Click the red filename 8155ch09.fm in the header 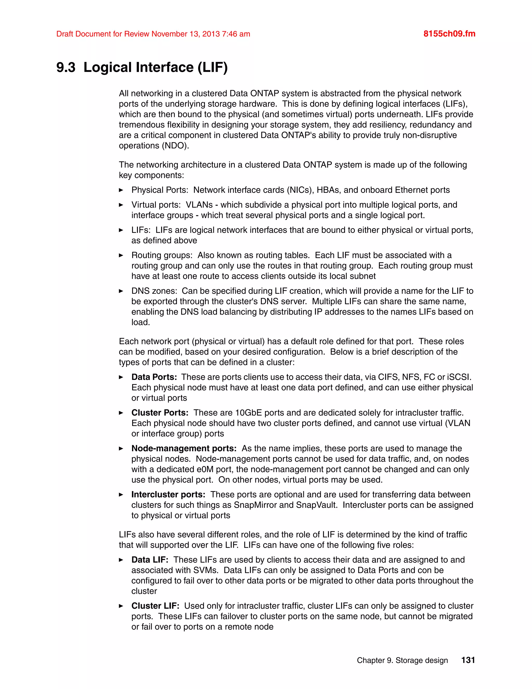(x=449, y=34)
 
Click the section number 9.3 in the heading (x=66, y=68)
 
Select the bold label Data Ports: (x=154, y=377)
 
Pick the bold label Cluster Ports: (x=160, y=413)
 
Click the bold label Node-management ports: (x=184, y=448)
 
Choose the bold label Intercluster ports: (x=168, y=494)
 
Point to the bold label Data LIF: (x=150, y=560)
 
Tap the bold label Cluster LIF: (x=155, y=606)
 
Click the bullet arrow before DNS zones (x=121, y=291)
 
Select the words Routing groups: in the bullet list (x=162, y=255)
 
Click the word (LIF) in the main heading (x=212, y=68)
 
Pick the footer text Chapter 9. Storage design (x=402, y=660)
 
